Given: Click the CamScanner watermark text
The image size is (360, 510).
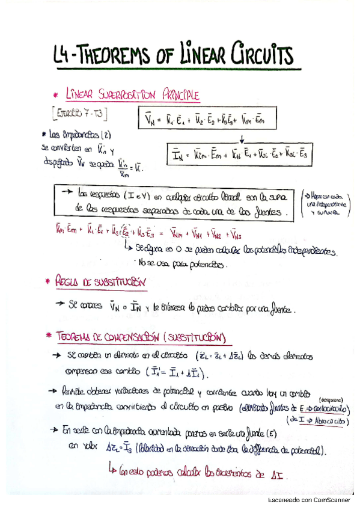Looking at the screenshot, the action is pyautogui.click(x=311, y=501).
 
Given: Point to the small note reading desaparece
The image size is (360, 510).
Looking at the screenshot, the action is pyautogui.click(x=328, y=399).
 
